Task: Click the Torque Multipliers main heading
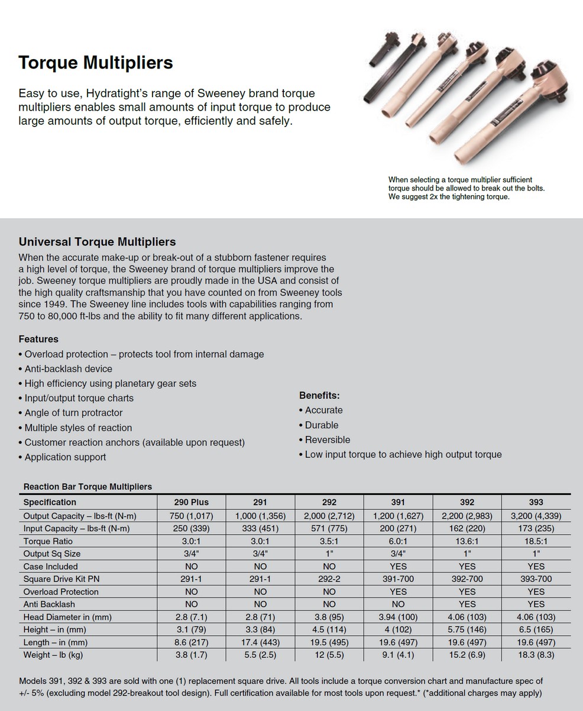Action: (x=95, y=63)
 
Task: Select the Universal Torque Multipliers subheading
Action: (x=97, y=242)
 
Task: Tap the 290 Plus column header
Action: (x=191, y=502)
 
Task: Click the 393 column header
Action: (x=536, y=502)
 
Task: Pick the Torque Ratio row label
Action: (x=48, y=541)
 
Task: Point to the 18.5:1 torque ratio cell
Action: (x=536, y=541)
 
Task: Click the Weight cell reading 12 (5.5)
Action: (x=329, y=655)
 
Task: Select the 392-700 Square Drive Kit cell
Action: (x=467, y=579)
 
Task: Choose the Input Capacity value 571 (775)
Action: (x=329, y=528)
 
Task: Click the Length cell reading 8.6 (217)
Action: (x=191, y=642)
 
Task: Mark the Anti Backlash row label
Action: (x=49, y=604)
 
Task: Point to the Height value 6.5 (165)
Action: (x=536, y=629)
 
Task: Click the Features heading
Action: (x=38, y=339)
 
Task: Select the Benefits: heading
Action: (x=319, y=395)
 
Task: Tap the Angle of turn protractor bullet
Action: (x=73, y=413)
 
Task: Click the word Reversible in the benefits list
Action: (x=328, y=439)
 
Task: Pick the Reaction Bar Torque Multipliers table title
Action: (x=88, y=487)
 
